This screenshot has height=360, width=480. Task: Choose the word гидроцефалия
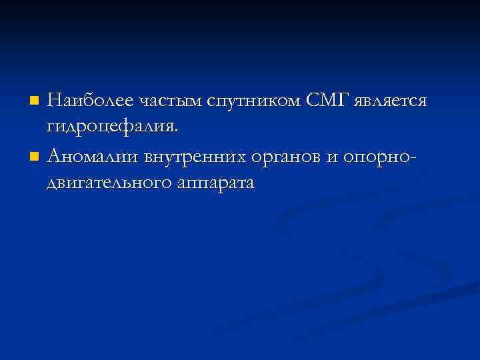coord(113,127)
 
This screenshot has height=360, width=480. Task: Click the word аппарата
coord(215,183)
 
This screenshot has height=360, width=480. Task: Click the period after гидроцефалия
coord(177,131)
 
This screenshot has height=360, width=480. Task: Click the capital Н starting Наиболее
coord(55,101)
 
